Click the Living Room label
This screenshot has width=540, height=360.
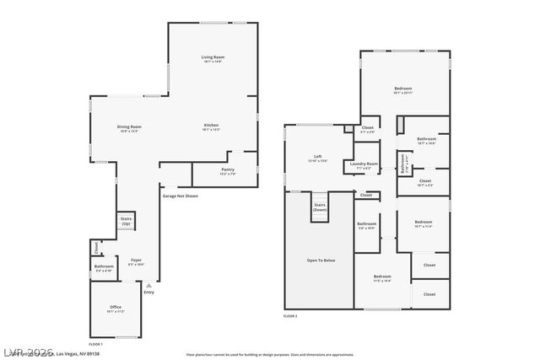(213, 57)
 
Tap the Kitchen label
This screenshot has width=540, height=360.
(211, 126)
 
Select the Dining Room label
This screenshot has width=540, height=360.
(128, 127)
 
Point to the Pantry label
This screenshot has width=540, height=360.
(228, 169)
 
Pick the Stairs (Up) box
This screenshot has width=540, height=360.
(127, 222)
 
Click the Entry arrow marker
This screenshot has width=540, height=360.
(148, 287)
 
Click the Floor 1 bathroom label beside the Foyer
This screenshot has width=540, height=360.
(103, 267)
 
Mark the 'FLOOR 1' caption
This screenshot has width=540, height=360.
(95, 344)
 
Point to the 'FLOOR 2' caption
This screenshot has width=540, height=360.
(290, 315)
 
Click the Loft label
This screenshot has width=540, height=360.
(318, 157)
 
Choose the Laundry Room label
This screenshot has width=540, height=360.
(366, 164)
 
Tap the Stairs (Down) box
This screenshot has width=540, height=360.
(320, 207)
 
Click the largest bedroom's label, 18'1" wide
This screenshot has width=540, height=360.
(403, 89)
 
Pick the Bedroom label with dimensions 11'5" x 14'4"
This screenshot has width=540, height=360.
(382, 277)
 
